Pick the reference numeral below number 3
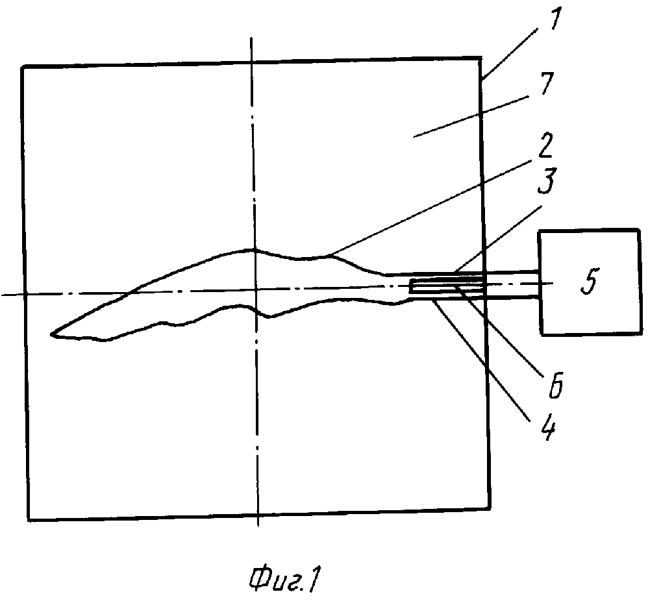(554, 384)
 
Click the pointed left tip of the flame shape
(52, 334)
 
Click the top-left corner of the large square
(23, 66)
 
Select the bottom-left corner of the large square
(29, 519)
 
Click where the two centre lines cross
(255, 294)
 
